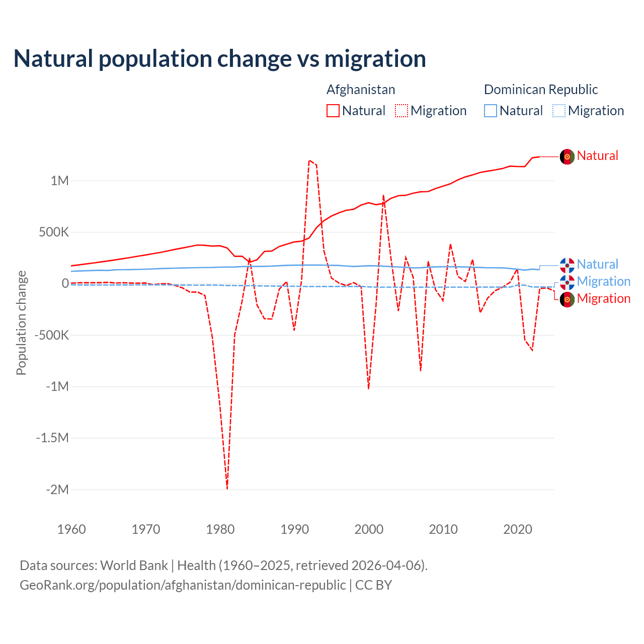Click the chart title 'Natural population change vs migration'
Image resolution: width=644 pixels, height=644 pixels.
(x=220, y=59)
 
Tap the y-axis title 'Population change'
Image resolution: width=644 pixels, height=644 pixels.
(x=21, y=323)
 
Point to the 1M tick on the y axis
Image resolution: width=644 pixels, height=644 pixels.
(x=59, y=181)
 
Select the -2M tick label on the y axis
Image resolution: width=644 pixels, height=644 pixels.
(x=57, y=490)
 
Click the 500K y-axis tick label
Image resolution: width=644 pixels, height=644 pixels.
(x=51, y=232)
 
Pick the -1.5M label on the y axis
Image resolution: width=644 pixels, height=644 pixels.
(x=52, y=438)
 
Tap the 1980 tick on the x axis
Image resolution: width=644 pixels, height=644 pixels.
(x=220, y=529)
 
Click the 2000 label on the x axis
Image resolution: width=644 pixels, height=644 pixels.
(x=369, y=529)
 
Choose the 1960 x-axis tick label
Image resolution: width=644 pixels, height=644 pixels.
(x=71, y=529)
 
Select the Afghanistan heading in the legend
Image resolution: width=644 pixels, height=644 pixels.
(x=361, y=90)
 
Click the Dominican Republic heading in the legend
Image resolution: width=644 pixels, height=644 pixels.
(x=541, y=90)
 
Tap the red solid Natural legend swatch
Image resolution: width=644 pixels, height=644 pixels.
(x=333, y=111)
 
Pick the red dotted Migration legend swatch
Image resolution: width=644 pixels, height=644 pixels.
(x=401, y=111)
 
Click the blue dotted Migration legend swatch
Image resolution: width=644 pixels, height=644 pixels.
(x=559, y=111)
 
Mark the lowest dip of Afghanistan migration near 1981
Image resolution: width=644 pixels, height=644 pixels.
(x=227, y=488)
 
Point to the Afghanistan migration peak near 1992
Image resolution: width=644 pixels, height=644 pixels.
(x=309, y=160)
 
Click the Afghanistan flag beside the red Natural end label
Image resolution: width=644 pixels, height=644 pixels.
(x=567, y=156)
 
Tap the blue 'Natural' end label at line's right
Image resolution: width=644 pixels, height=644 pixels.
(x=597, y=264)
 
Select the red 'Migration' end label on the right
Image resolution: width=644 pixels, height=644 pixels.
(x=603, y=298)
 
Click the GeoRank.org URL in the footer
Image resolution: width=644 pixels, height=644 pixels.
(x=183, y=585)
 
